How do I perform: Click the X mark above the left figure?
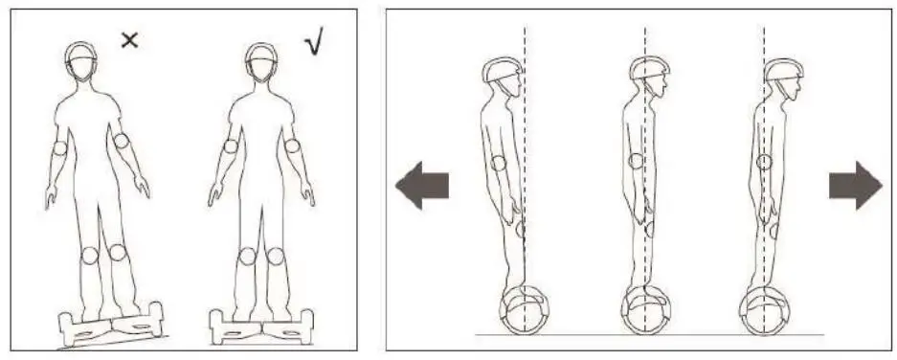click(x=130, y=40)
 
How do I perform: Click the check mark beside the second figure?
click(x=313, y=43)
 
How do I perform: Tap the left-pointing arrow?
click(x=422, y=185)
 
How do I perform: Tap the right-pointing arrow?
click(x=855, y=185)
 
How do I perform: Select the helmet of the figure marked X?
click(x=80, y=54)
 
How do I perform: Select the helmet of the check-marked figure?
click(x=260, y=55)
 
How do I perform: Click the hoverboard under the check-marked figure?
click(x=260, y=326)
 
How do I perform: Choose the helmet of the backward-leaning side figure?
click(x=503, y=71)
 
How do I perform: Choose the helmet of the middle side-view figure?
click(x=648, y=70)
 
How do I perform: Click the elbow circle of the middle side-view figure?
click(x=635, y=162)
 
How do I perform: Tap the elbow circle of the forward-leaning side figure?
click(x=764, y=162)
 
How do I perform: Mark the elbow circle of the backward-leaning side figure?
click(x=498, y=162)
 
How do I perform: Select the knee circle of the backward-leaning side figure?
click(x=520, y=230)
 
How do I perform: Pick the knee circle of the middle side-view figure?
click(x=650, y=229)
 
